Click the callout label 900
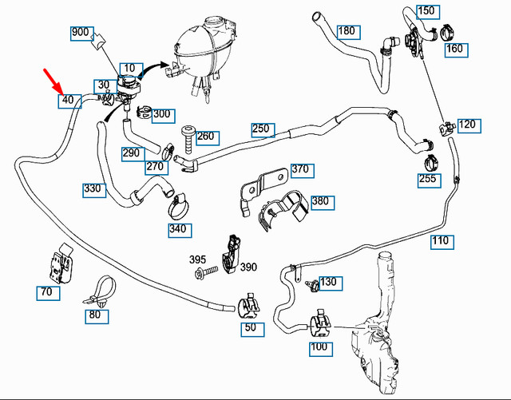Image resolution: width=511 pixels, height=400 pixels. click(81, 33)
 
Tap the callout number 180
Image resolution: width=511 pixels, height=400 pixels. click(347, 32)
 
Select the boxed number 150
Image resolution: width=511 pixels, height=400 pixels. click(427, 10)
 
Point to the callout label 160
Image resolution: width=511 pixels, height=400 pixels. click(454, 49)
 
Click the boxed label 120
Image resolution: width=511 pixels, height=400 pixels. click(466, 125)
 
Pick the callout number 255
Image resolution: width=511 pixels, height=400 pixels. click(429, 180)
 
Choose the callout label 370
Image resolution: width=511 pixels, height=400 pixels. click(299, 169)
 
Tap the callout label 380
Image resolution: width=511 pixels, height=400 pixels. click(320, 201)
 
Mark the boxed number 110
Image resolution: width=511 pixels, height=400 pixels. click(440, 240)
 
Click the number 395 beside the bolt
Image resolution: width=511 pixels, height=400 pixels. click(198, 260)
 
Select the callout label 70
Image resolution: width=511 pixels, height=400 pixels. click(47, 292)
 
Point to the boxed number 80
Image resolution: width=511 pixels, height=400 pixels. click(96, 315)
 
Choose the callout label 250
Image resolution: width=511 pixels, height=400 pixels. click(262, 129)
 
